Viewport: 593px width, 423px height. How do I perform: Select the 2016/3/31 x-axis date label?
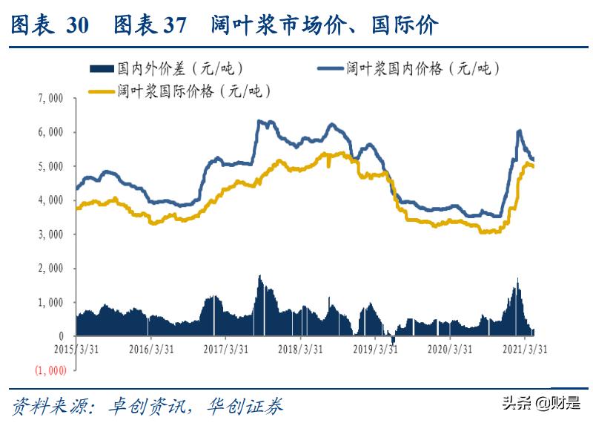coord(151,349)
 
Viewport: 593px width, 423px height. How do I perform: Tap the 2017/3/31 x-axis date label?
coord(225,349)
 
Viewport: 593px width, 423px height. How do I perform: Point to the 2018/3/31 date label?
coord(299,349)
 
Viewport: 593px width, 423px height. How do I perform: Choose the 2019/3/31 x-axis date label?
coord(374,349)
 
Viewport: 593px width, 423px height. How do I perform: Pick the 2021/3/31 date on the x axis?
coord(526,349)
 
